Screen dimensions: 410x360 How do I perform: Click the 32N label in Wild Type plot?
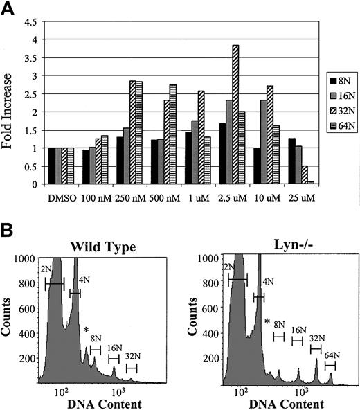(x=132, y=359)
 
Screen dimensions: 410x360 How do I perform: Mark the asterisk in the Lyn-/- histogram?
(x=267, y=321)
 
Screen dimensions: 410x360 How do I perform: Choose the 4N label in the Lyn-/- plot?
(x=266, y=282)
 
